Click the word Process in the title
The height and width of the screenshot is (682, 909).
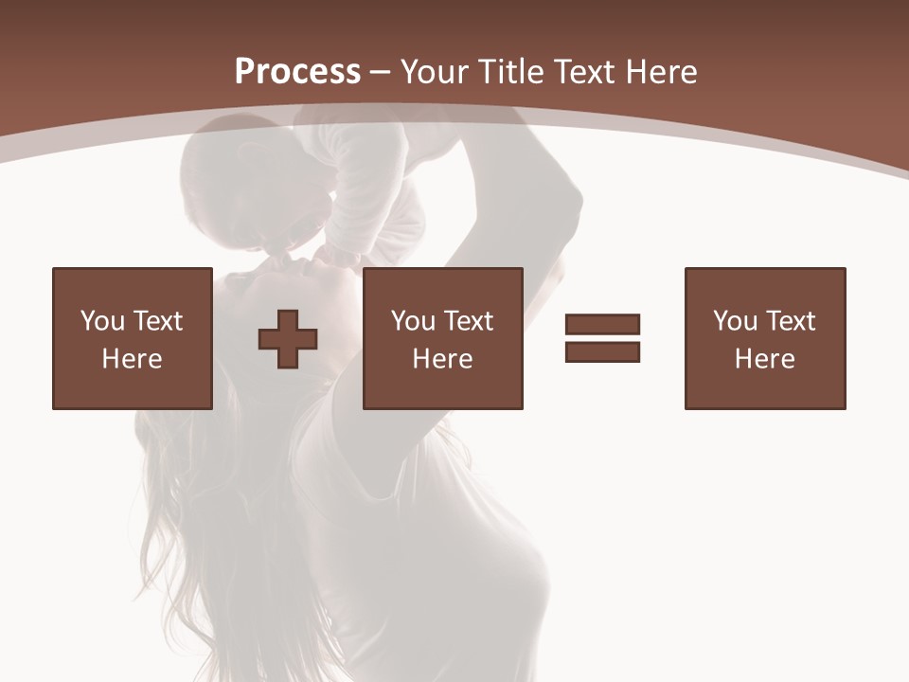coord(297,72)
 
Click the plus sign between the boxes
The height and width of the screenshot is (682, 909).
coord(288,338)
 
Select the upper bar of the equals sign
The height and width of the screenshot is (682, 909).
coord(602,324)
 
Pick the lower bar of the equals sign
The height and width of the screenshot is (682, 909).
coord(602,351)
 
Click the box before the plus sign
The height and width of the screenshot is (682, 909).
coord(132,338)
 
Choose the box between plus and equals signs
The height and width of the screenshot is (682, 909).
coord(442,338)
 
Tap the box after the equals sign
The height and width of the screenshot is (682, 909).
coord(764,338)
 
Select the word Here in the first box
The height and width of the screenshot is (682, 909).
coord(132,359)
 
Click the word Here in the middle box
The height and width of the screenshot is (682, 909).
coord(442,359)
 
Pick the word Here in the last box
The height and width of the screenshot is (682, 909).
coord(764,359)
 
